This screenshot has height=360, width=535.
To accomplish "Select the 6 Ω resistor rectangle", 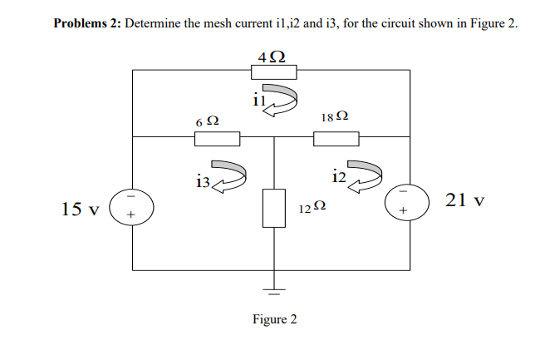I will [218, 138].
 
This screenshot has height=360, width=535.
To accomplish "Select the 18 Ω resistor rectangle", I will [336, 138].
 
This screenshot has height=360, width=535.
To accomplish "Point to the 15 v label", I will [81, 208].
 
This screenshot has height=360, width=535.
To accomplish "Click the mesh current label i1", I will [258, 101].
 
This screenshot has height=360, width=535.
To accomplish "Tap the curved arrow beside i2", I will [364, 175].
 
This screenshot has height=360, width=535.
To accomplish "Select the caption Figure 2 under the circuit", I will [274, 319].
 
